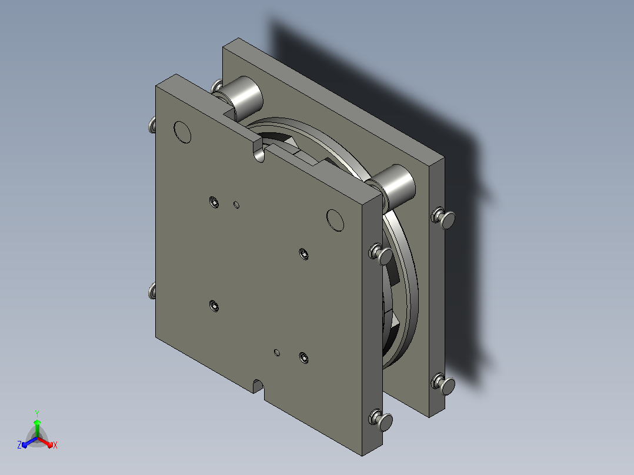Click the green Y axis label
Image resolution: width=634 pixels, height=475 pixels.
click(x=37, y=413)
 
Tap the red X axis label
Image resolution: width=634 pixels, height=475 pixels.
click(x=55, y=445)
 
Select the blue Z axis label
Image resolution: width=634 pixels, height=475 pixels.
click(x=19, y=444)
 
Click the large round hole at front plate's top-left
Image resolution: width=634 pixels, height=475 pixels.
click(x=182, y=132)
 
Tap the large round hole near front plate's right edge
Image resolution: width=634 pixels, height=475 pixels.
click(x=335, y=220)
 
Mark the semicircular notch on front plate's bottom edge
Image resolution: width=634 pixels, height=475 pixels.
click(x=259, y=386)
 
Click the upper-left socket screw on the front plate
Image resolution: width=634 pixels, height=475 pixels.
click(x=214, y=202)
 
